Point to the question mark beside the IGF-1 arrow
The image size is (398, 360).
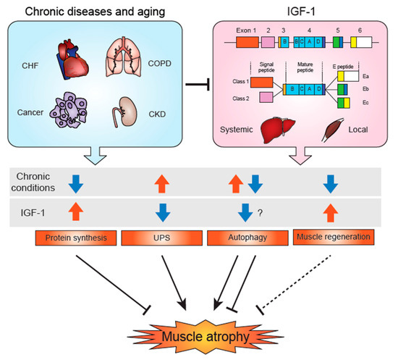[269, 214]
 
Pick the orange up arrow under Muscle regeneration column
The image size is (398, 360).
[331, 212]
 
